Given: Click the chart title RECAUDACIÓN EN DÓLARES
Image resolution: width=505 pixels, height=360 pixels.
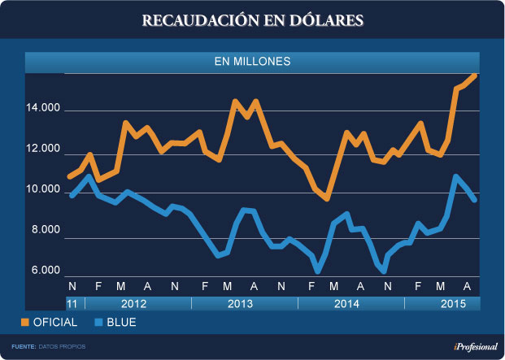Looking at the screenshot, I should [x=252, y=19].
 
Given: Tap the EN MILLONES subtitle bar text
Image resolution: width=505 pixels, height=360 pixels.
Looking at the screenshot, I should [x=252, y=61].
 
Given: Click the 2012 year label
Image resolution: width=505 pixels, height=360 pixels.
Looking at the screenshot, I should [x=135, y=303].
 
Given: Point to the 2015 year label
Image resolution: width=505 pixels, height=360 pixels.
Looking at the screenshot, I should [x=442, y=303].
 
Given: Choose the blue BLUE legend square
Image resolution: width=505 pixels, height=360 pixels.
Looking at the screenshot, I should [x=98, y=323].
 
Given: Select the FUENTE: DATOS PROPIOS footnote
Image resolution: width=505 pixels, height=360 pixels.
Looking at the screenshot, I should [x=49, y=347].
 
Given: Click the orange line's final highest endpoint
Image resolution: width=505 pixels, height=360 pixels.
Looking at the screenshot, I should [x=476, y=75].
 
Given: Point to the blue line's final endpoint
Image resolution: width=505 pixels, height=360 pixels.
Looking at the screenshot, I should [x=475, y=200].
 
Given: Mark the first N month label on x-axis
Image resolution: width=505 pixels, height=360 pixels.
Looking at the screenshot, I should [x=72, y=287].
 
